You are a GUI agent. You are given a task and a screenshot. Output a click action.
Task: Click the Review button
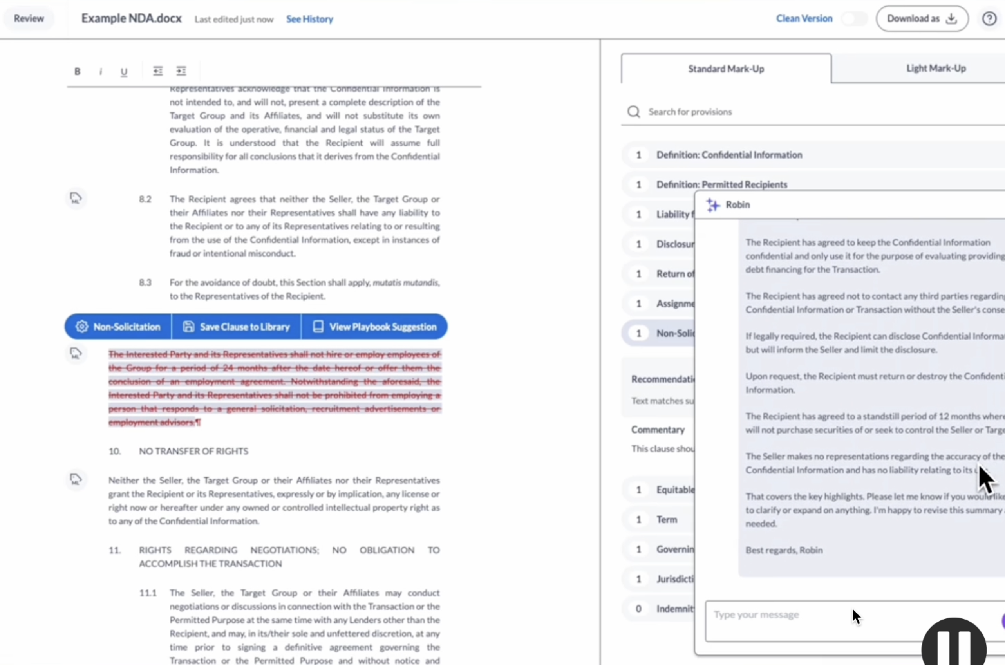[29, 19]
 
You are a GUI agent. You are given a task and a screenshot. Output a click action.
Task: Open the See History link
[309, 19]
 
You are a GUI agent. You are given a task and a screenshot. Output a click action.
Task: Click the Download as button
[922, 19]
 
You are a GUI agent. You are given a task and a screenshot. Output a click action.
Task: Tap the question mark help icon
[989, 19]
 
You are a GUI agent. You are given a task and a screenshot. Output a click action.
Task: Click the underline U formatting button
[124, 72]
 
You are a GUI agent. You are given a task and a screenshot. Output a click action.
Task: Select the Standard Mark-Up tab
[726, 69]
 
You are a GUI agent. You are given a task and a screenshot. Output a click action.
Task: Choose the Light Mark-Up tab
[936, 68]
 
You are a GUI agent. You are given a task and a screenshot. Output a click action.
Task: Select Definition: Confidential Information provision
[729, 155]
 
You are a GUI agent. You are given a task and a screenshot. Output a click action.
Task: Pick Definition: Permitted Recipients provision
[722, 184]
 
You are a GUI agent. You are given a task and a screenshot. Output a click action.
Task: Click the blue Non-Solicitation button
[118, 327]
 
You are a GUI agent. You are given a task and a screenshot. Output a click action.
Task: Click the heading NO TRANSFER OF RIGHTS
[193, 451]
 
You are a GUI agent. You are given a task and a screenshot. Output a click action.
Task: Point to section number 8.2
[145, 199]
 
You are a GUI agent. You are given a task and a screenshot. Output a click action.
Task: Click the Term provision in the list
[667, 520]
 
